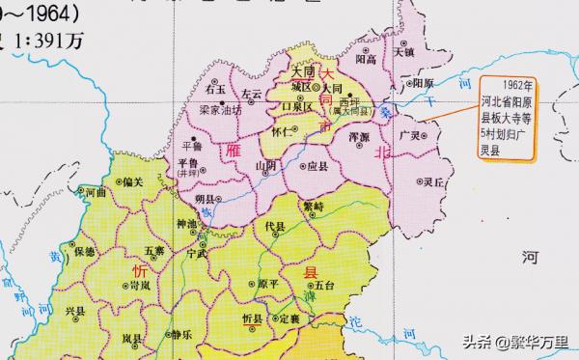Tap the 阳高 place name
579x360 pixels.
365,59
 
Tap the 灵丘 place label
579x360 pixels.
431,181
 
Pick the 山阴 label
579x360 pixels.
265,166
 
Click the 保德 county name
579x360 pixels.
84,251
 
